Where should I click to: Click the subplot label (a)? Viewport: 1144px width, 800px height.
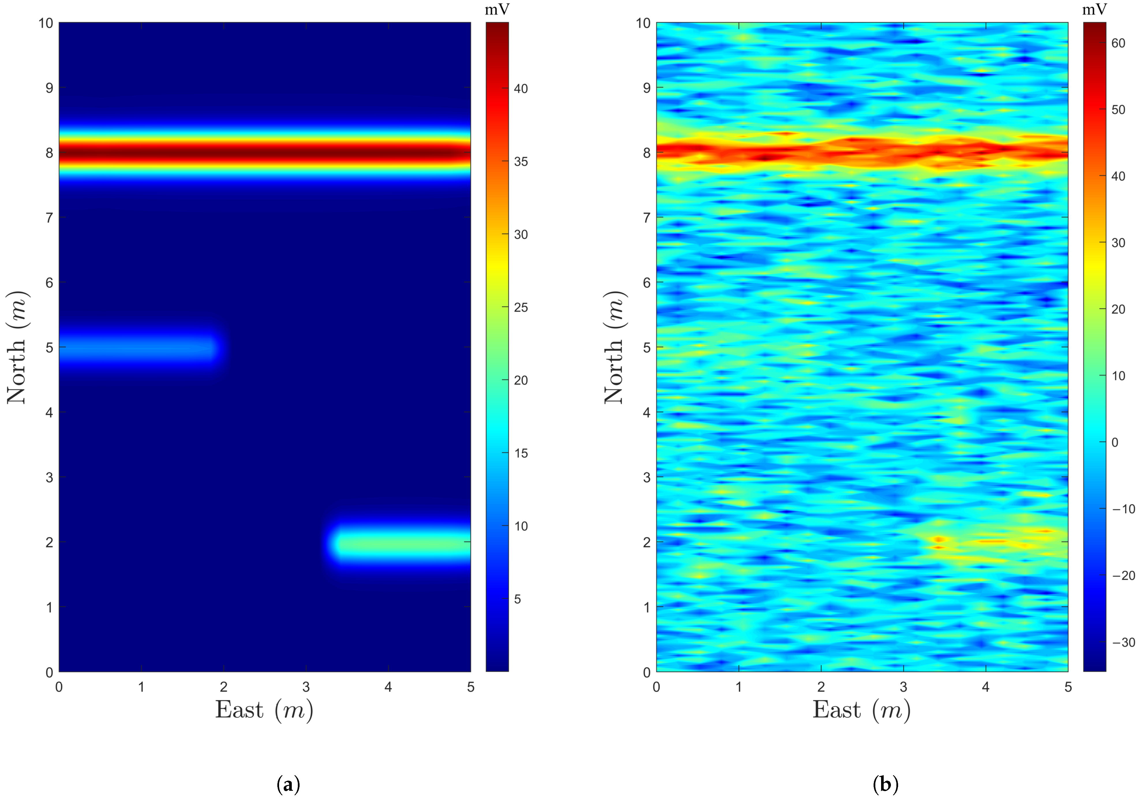tap(288, 784)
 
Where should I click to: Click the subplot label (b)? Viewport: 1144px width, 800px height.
tap(885, 784)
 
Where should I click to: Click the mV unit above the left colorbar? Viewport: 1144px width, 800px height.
tap(497, 10)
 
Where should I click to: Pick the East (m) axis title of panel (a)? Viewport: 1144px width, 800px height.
tap(264, 710)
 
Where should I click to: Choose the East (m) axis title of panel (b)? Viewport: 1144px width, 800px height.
tap(861, 710)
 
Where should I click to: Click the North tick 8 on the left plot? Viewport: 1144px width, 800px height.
tap(49, 152)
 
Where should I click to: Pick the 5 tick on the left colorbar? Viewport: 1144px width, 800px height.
tap(518, 599)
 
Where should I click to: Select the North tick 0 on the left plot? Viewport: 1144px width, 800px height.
tap(49, 672)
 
